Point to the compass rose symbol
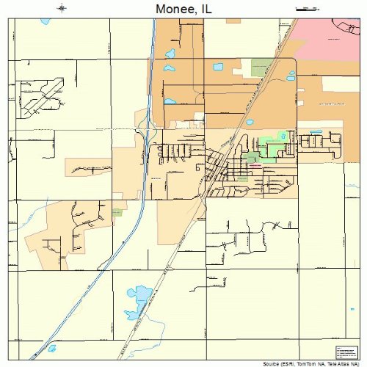tap(62, 9)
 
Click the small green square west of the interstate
tap(117, 212)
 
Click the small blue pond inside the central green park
tap(282, 137)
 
